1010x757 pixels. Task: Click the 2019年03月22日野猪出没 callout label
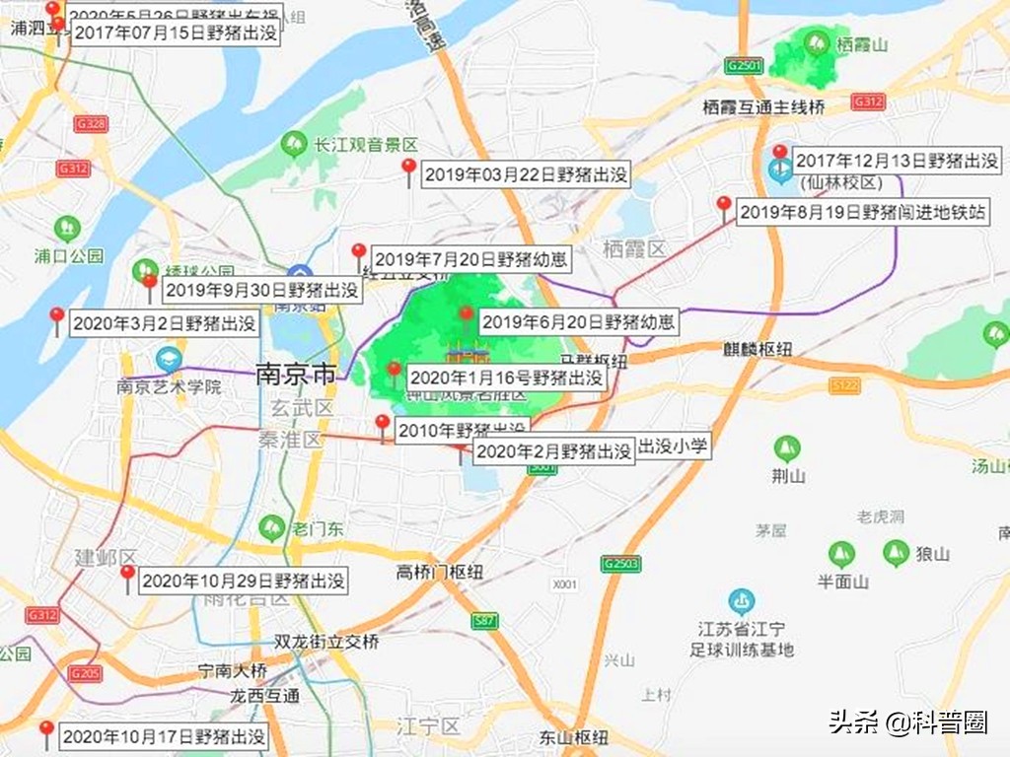[x=526, y=175]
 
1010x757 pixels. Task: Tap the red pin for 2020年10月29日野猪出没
[x=127, y=576]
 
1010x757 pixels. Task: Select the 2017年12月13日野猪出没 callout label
[x=897, y=161]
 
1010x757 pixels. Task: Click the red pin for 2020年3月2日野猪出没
[x=57, y=317]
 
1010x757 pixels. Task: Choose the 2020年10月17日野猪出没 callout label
[x=165, y=736]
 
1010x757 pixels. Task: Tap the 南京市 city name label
[x=294, y=375]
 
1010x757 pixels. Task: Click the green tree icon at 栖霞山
[x=816, y=42]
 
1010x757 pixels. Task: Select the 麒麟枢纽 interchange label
[x=757, y=350]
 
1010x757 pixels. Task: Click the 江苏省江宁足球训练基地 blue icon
[x=741, y=599]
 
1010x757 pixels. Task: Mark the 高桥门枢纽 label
[x=440, y=572]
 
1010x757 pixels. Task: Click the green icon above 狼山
[x=896, y=552]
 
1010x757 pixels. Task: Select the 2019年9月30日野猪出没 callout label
[x=260, y=291]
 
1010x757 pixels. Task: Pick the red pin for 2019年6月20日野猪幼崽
[x=467, y=315]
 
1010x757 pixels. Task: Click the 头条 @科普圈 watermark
[x=907, y=723]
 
